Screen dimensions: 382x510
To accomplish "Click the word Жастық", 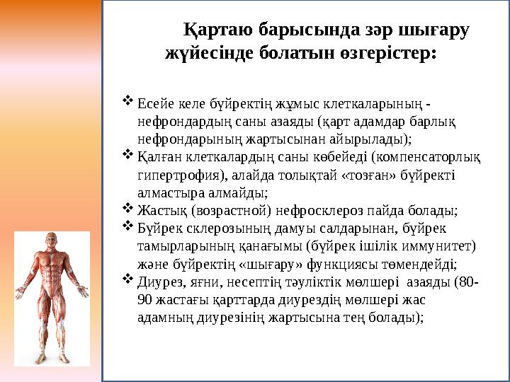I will (x=157, y=210).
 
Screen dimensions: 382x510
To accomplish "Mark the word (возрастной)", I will (x=217, y=210).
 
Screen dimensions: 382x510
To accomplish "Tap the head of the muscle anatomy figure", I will (x=52, y=241).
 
